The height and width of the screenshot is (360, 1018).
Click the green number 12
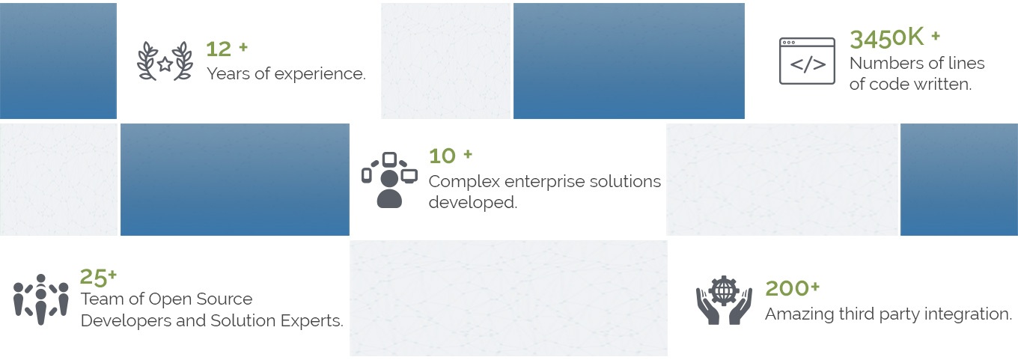pos(219,49)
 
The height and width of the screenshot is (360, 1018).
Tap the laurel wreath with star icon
pos(165,61)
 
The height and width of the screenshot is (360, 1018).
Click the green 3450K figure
pos(887,37)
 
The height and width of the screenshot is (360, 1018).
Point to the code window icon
pos(807,61)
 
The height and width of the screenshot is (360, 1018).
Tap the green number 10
pos(442,156)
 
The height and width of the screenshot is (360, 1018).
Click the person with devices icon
pos(389,180)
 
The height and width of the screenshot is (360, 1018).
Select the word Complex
pos(464,182)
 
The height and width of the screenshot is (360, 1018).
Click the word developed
pos(472,202)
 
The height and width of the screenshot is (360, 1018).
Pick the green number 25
pos(94,277)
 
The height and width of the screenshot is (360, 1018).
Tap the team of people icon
pos(41,299)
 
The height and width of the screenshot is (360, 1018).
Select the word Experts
pos(311,321)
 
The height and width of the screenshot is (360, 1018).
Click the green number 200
pos(787,288)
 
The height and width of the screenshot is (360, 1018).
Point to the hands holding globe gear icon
pos(724,300)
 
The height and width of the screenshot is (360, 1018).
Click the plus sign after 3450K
pos(936,36)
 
